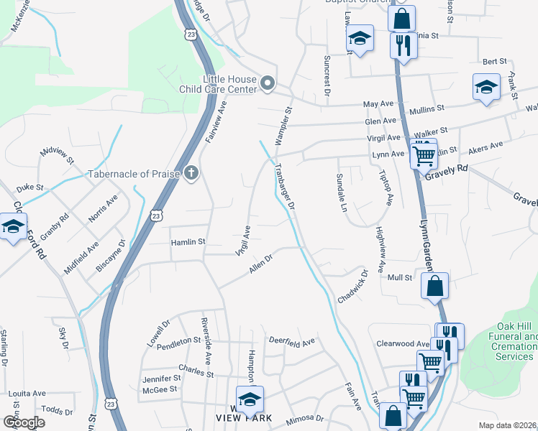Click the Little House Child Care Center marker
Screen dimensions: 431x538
(268, 84)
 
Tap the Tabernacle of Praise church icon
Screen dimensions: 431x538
(191, 172)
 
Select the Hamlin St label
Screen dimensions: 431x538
(188, 243)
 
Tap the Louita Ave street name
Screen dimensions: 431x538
(27, 394)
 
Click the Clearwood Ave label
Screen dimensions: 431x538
(403, 344)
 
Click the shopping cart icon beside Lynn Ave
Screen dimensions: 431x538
(424, 154)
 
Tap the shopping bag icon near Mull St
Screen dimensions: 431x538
(435, 286)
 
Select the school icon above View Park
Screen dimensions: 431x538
(250, 399)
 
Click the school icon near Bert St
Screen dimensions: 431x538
(487, 87)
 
